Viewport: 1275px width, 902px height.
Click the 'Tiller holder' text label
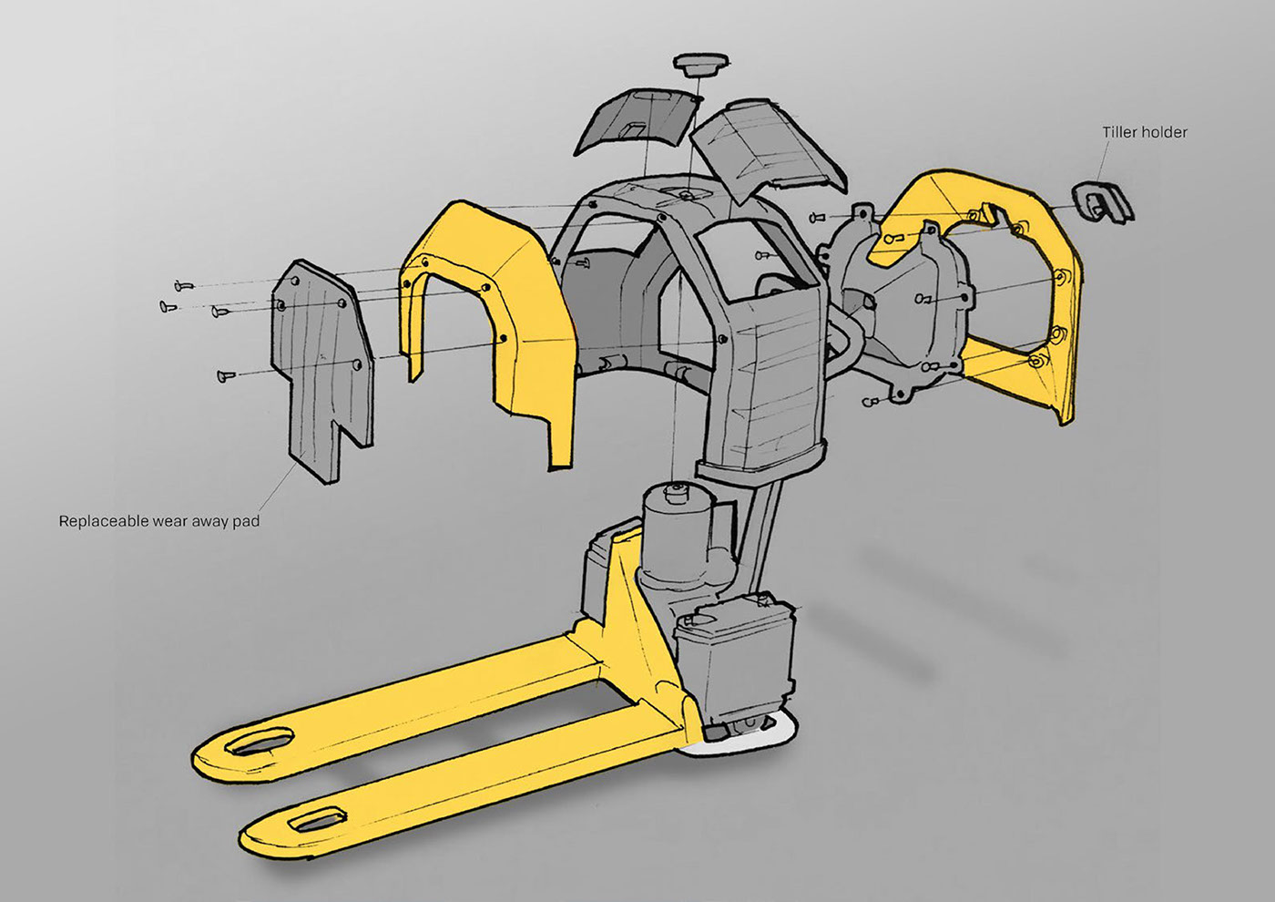tap(1145, 133)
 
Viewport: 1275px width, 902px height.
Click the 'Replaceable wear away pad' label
tap(159, 521)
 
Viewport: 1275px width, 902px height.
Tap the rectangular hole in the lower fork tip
tap(317, 821)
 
